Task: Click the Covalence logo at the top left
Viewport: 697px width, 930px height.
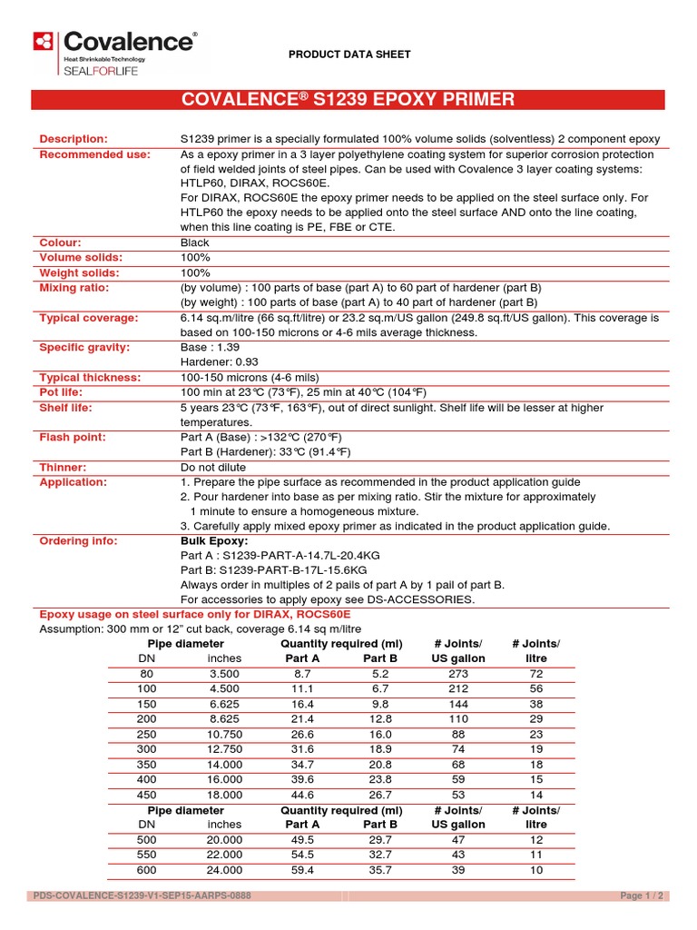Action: coord(113,53)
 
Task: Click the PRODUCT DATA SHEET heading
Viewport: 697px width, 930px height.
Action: coord(349,54)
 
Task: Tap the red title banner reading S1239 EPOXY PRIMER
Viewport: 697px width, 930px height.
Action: coord(348,100)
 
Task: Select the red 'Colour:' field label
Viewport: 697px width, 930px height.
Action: coord(61,242)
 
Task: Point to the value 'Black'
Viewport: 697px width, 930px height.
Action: coord(195,242)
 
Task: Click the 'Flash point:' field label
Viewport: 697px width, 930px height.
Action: coord(72,437)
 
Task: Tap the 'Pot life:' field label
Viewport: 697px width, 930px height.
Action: coord(64,392)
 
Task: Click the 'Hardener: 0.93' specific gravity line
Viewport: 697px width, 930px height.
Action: coord(221,362)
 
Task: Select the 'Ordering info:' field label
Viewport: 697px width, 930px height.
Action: coord(78,541)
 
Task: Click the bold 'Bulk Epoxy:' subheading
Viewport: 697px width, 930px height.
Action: coord(214,541)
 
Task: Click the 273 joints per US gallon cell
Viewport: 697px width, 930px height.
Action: coord(459,675)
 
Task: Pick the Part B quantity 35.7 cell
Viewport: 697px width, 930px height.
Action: coord(380,869)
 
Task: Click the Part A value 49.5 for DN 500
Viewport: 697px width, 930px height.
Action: coord(301,840)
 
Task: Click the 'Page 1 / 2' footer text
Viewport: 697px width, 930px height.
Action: coord(642,895)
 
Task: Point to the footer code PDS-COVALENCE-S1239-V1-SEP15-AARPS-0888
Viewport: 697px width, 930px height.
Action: coord(142,895)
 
